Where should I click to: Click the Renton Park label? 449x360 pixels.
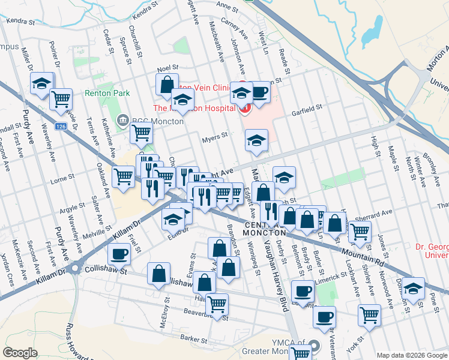[x=107, y=94]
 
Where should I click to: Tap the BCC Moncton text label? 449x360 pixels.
[x=152, y=119]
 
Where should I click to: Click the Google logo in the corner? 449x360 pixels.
[x=20, y=353]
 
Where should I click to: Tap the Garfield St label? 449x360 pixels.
[x=307, y=108]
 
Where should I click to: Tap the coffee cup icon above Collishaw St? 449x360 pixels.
[x=119, y=254]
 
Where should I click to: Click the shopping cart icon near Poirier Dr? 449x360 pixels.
[x=61, y=99]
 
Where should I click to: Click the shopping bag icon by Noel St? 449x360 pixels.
[x=167, y=85]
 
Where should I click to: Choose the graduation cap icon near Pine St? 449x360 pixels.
[x=413, y=288]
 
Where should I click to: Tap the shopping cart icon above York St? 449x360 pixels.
[x=369, y=314]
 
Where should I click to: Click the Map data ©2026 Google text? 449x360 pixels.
[x=412, y=355]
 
